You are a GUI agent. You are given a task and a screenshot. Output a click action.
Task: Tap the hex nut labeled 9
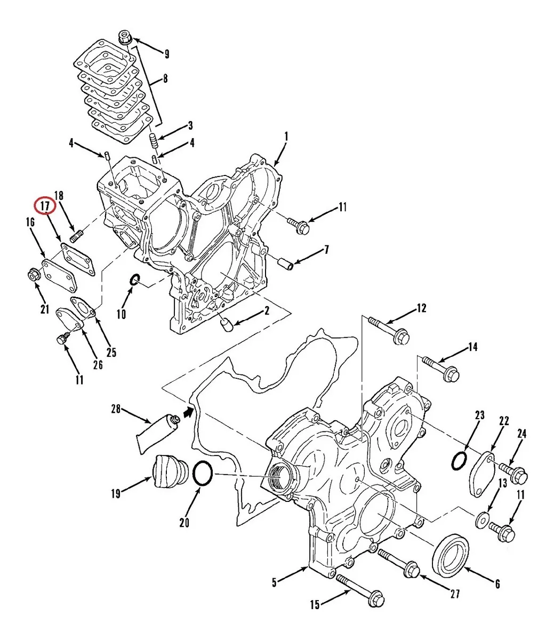coord(125,38)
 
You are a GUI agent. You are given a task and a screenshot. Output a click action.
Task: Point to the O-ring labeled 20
coord(203,474)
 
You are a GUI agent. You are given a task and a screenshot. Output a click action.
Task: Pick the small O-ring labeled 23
coord(459,460)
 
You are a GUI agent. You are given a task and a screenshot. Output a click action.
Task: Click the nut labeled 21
coord(33,276)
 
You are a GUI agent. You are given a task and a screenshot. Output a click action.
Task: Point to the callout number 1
coord(286,137)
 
